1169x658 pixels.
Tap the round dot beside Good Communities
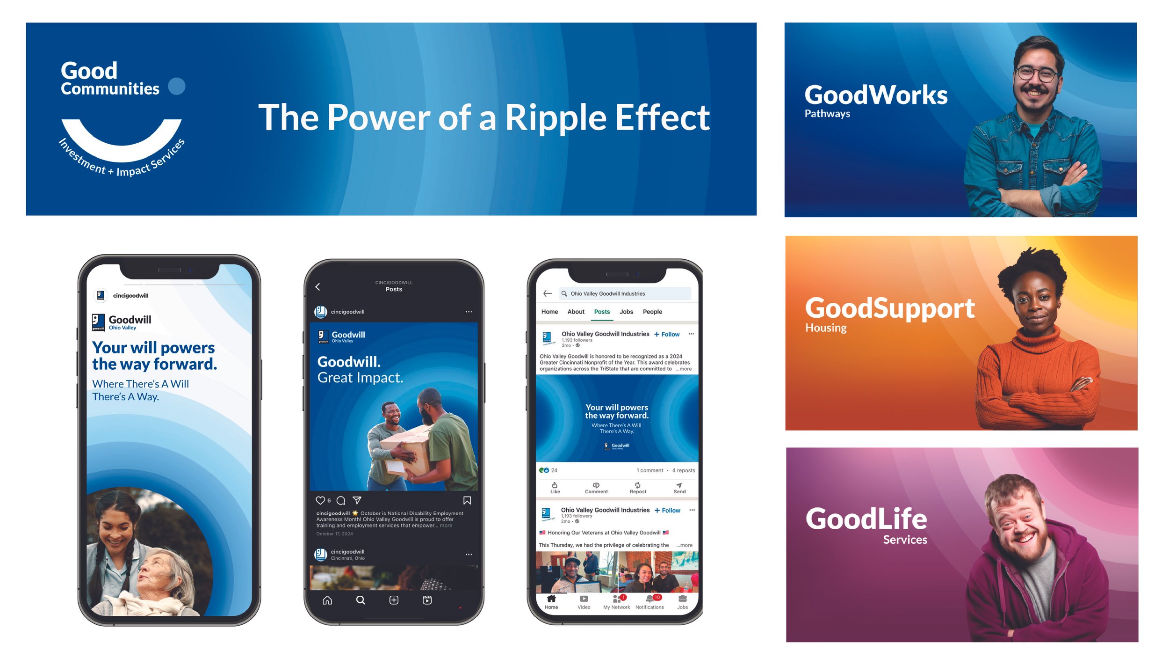[177, 86]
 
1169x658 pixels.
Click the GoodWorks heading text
[876, 95]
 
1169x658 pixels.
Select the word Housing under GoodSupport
[826, 328]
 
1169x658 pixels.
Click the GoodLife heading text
[866, 519]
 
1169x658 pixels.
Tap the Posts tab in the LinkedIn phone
[602, 312]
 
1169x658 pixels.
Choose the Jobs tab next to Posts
[626, 312]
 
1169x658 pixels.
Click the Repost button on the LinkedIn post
[638, 488]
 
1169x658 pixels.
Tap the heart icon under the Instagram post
[320, 500]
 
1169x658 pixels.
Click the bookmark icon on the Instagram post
[467, 500]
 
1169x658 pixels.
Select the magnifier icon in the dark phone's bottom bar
[361, 600]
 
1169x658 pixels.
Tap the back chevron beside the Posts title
[318, 286]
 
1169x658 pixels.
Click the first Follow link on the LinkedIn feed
[667, 334]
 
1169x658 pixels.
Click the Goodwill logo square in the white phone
[98, 322]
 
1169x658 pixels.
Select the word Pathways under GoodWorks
[827, 113]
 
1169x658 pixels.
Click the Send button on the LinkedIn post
[679, 488]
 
